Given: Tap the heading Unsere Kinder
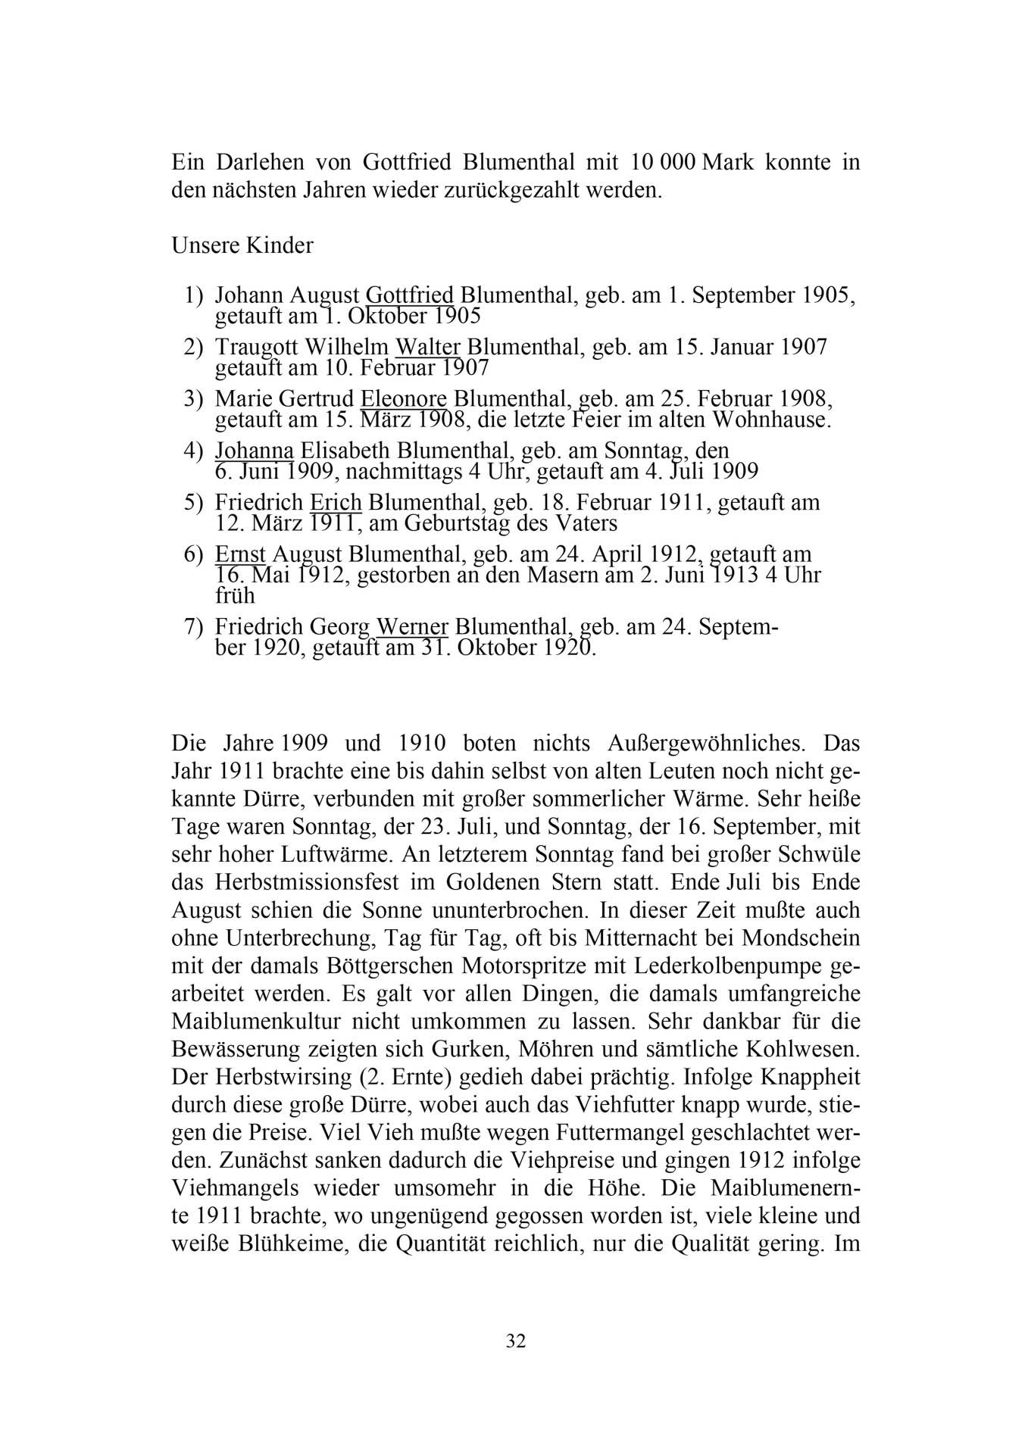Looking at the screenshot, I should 242,246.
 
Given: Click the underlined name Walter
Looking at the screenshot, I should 428,347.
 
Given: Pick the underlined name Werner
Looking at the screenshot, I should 412,628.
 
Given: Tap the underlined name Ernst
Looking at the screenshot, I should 240,554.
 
